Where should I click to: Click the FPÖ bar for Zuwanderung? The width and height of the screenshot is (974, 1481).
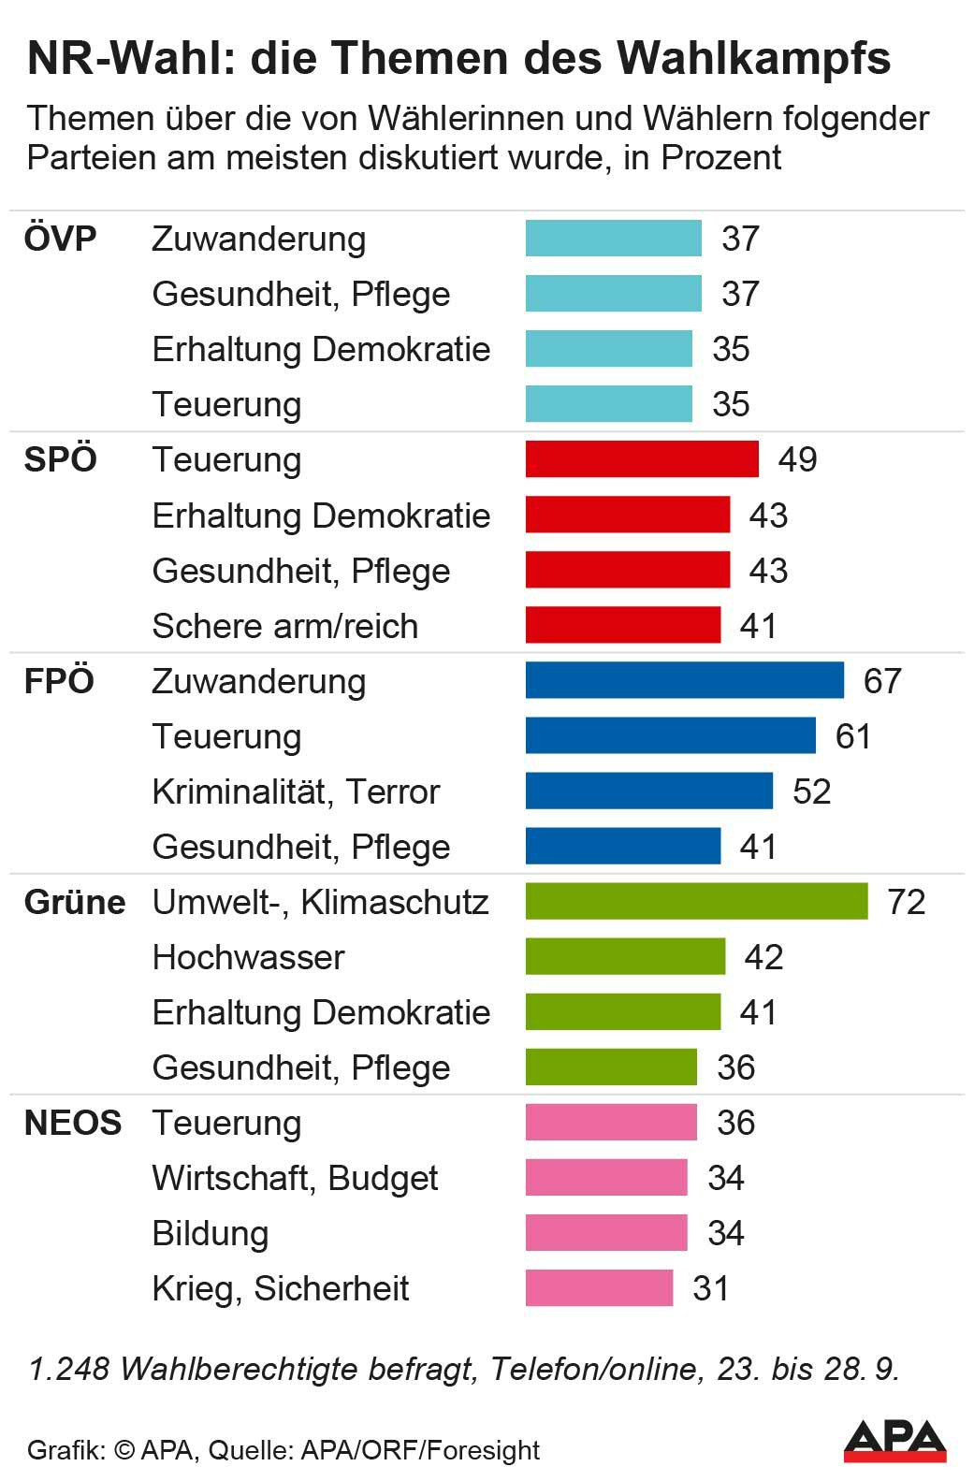pos(684,680)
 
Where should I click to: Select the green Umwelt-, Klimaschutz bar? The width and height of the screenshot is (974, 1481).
pos(696,901)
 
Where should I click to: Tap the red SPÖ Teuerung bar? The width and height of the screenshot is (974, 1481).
pos(642,459)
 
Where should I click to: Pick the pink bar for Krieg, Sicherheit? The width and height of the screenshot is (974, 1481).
pos(599,1288)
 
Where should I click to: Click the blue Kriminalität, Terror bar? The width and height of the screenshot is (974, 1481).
pos(649,791)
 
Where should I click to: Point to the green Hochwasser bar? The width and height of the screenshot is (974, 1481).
pos(625,956)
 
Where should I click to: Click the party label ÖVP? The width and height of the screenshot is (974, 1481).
pos(60,239)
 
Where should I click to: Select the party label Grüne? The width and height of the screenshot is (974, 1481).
pos(75,902)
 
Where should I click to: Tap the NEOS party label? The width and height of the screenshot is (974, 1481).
pos(73,1123)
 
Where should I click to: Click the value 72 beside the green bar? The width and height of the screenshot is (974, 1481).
pos(906,902)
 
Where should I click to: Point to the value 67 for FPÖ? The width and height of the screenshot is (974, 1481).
pos(882,681)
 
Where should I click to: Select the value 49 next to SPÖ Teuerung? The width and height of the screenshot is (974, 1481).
pos(797,459)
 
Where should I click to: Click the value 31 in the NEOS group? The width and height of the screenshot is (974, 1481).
pos(711,1288)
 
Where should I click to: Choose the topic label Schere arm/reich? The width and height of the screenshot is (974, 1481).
pos(284,626)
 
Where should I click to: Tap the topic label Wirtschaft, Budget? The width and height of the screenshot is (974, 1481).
pos(295,1178)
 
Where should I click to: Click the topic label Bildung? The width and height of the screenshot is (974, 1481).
pos(211,1233)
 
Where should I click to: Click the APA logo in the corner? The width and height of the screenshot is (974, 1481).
pos(894,1440)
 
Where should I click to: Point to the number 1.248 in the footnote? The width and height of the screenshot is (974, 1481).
pos(69,1369)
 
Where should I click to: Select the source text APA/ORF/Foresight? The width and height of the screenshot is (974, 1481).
pos(420,1450)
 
